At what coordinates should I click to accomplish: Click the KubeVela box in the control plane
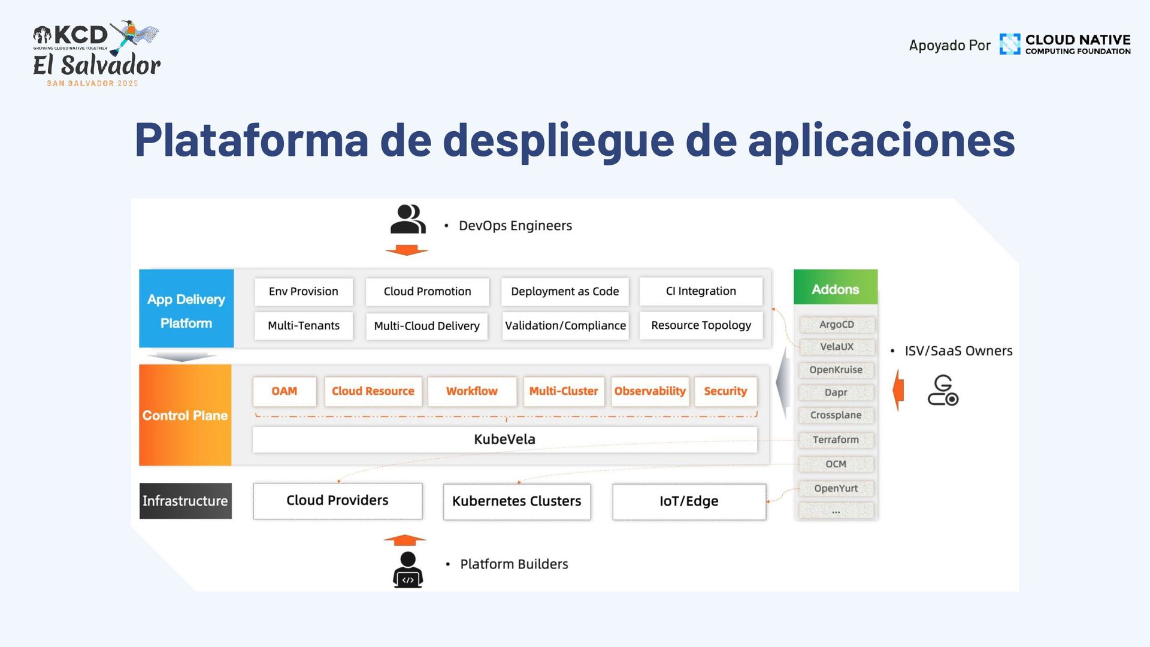click(x=504, y=439)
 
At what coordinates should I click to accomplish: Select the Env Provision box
click(x=303, y=291)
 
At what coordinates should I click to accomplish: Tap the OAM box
click(x=284, y=391)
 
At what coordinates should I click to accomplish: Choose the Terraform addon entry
click(x=836, y=440)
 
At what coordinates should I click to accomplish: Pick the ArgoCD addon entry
click(x=836, y=325)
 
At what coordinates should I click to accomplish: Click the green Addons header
click(x=835, y=289)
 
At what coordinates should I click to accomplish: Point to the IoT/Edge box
click(x=689, y=501)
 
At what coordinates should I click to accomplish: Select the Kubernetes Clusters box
click(x=516, y=501)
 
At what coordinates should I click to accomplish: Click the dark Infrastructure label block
click(x=185, y=501)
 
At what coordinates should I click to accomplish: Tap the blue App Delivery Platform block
click(x=186, y=309)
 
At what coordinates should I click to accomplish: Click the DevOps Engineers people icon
click(x=407, y=219)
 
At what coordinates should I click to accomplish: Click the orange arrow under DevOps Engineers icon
click(x=406, y=250)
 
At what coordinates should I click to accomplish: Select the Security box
click(x=725, y=391)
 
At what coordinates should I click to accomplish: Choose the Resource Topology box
click(x=701, y=325)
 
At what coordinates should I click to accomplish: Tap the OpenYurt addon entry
click(x=836, y=488)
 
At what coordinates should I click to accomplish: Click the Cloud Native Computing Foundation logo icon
click(x=1009, y=44)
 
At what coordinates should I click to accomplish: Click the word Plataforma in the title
click(x=251, y=140)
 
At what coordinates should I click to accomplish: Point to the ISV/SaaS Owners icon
click(x=943, y=391)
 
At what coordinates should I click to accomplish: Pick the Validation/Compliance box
click(x=565, y=326)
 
